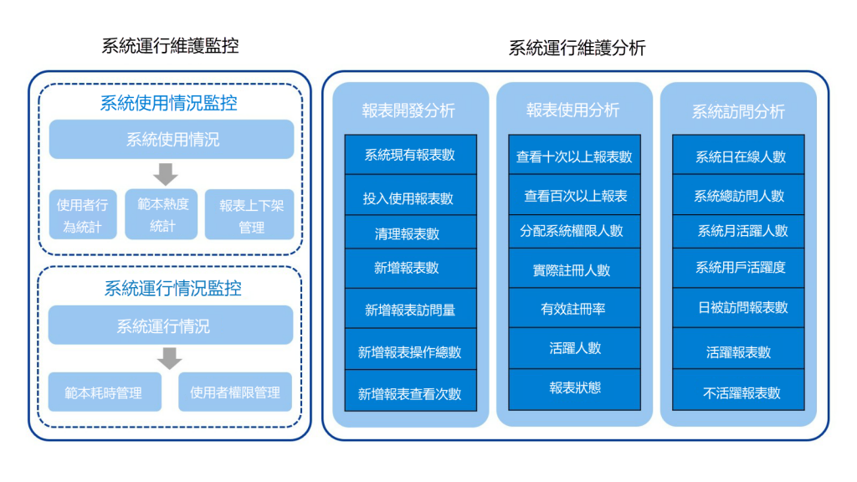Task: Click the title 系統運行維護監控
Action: click(170, 46)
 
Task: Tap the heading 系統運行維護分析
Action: click(577, 48)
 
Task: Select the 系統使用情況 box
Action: click(172, 140)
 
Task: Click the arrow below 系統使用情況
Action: click(166, 174)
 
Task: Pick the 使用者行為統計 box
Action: click(83, 215)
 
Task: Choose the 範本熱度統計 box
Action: click(162, 214)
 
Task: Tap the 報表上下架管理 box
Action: click(249, 215)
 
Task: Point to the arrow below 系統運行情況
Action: click(169, 358)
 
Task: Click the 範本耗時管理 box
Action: click(105, 392)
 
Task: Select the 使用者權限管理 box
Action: click(235, 392)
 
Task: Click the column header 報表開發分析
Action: click(408, 110)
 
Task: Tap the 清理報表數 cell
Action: click(410, 233)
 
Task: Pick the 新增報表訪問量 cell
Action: click(410, 309)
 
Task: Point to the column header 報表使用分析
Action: click(572, 110)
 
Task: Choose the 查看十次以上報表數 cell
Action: click(574, 155)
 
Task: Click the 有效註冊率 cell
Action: click(574, 308)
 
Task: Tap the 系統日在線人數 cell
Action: click(738, 155)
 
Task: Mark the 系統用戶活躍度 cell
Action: click(738, 269)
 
